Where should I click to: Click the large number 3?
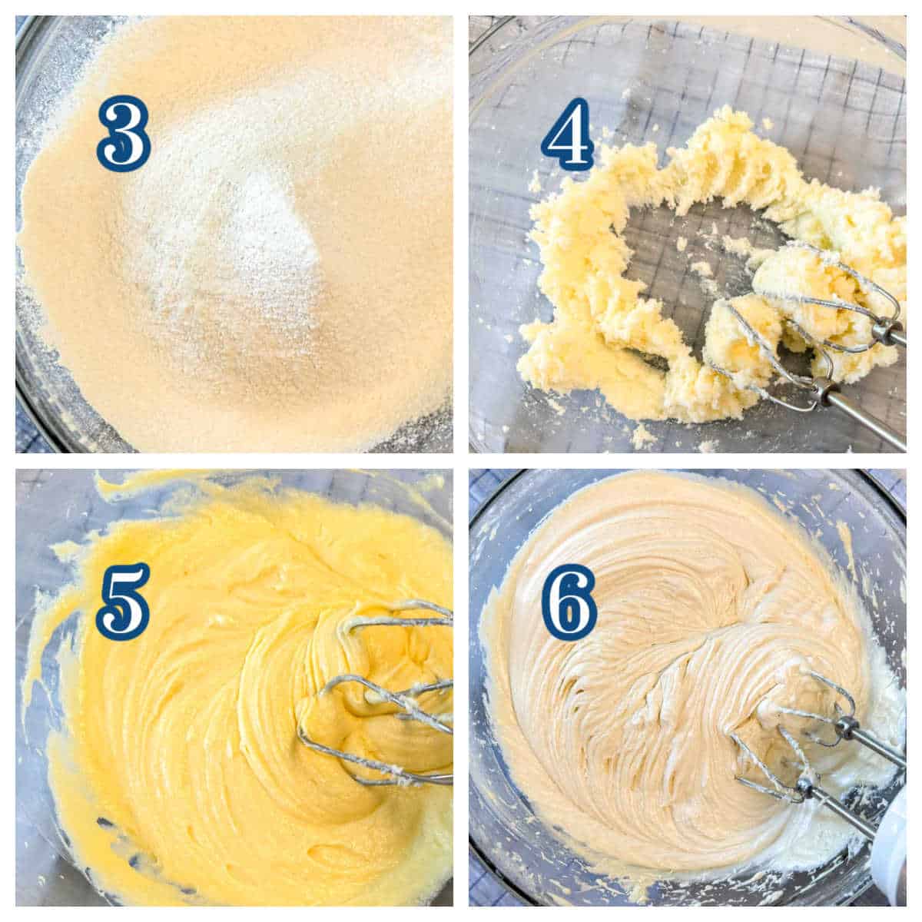coord(124,133)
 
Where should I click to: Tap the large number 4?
coord(568,134)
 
